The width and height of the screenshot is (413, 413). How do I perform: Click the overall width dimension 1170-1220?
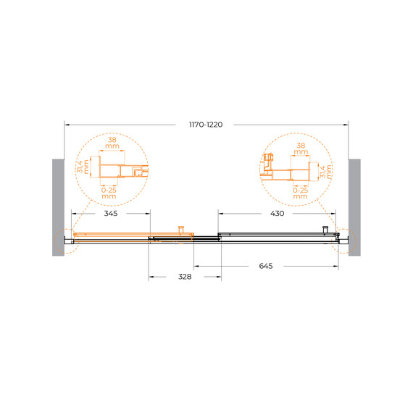[206, 125]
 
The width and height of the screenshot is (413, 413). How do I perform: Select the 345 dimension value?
[111, 213]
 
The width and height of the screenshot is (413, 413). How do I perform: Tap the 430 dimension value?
[277, 213]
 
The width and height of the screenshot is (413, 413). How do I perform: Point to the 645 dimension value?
[266, 266]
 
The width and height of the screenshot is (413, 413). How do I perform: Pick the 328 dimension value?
[185, 277]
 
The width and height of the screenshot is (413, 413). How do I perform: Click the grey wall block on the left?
[58, 207]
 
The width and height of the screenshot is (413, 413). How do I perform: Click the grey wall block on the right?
[354, 207]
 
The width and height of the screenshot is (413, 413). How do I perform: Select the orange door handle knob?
[181, 229]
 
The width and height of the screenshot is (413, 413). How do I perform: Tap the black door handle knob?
[325, 229]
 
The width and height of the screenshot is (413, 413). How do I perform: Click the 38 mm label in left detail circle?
[112, 143]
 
